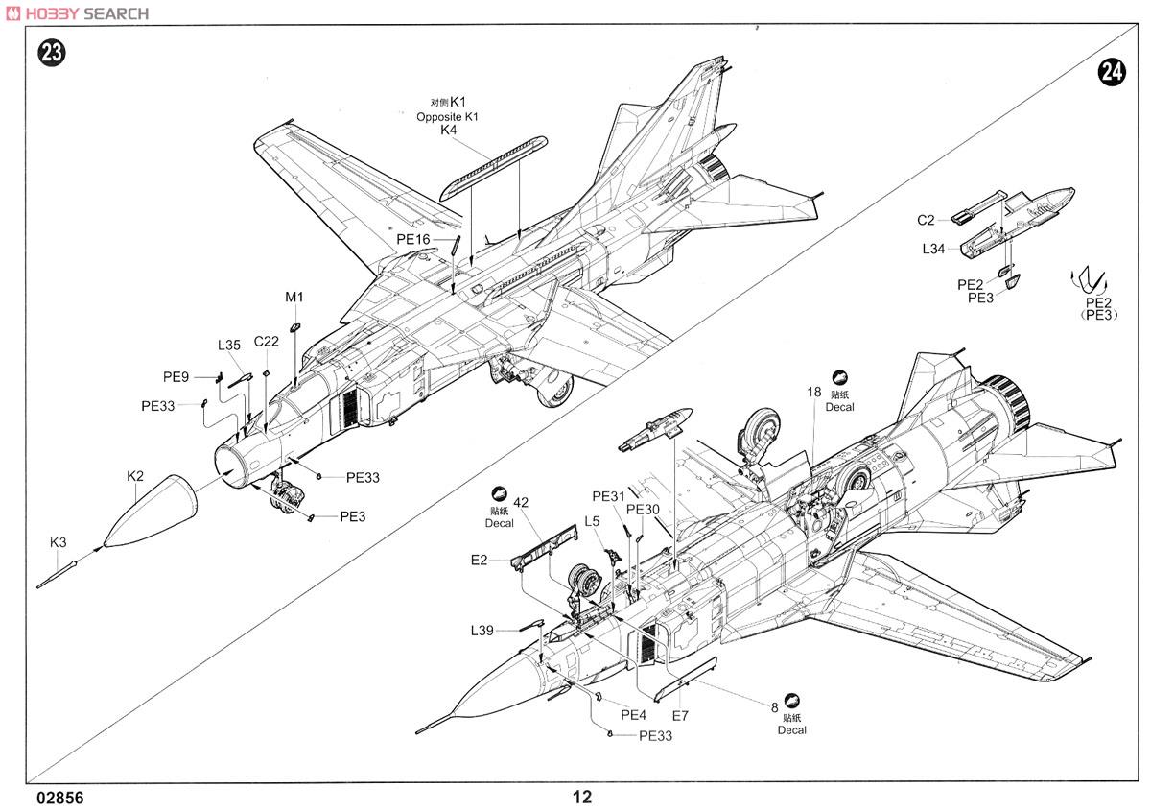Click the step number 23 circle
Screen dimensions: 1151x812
pos(52,54)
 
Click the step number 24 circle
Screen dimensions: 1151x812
pos(1112,73)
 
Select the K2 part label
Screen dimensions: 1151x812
pos(135,476)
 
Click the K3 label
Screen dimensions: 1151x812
pos(59,542)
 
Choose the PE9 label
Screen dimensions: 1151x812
pos(176,377)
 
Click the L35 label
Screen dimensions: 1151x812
pos(229,346)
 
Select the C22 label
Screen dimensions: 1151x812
pos(267,342)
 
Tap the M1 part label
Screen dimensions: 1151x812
pos(294,298)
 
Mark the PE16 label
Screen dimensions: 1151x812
pos(413,240)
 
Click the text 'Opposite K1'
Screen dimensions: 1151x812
pos(447,117)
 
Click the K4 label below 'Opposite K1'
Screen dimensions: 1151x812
pos(448,131)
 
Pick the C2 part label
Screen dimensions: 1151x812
pos(926,220)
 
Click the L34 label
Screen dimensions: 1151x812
pos(933,249)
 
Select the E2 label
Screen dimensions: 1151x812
pos(479,560)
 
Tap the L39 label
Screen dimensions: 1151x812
pos(482,631)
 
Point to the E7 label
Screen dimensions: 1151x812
pos(680,716)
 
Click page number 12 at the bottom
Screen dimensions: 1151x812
pos(582,797)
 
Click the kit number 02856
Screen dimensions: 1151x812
pos(60,799)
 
